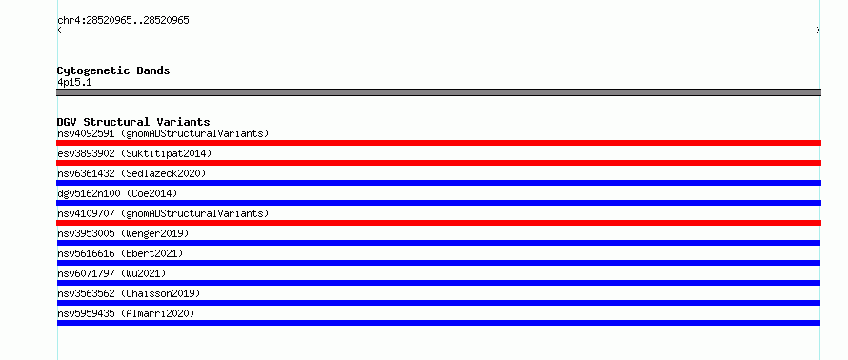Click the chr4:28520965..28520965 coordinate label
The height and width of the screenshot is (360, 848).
tap(123, 21)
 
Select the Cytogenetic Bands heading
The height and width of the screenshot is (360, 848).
tap(113, 70)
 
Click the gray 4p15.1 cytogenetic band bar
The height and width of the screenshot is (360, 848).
tap(438, 92)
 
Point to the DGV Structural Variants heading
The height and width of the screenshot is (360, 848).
tap(133, 122)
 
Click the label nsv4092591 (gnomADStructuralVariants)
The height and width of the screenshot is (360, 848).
tap(163, 133)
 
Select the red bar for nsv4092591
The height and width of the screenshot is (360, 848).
tap(438, 143)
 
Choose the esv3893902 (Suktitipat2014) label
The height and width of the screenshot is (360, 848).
tap(134, 153)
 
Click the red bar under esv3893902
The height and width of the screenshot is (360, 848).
tap(438, 163)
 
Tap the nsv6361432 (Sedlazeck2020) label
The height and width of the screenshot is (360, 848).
tap(131, 173)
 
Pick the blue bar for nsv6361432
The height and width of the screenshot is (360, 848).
tap(438, 183)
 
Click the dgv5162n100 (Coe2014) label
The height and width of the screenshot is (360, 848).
tap(117, 193)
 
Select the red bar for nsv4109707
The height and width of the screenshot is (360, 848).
tap(438, 223)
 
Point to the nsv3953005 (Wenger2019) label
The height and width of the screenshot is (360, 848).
tap(123, 233)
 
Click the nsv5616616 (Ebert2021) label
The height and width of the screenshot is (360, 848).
tap(120, 253)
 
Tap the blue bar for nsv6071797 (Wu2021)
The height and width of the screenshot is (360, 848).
tap(438, 283)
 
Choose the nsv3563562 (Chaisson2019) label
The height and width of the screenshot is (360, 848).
tap(129, 293)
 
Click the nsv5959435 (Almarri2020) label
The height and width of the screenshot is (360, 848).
tap(126, 313)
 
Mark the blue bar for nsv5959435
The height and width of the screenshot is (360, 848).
tap(438, 323)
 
